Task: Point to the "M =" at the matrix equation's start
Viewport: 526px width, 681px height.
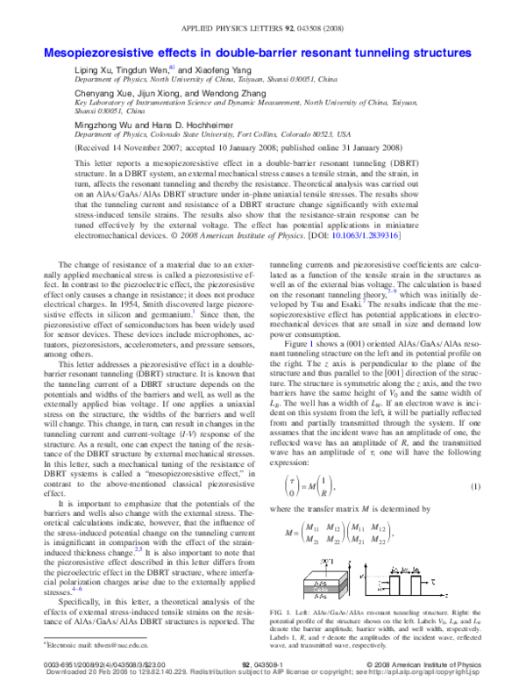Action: [x=283, y=533]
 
